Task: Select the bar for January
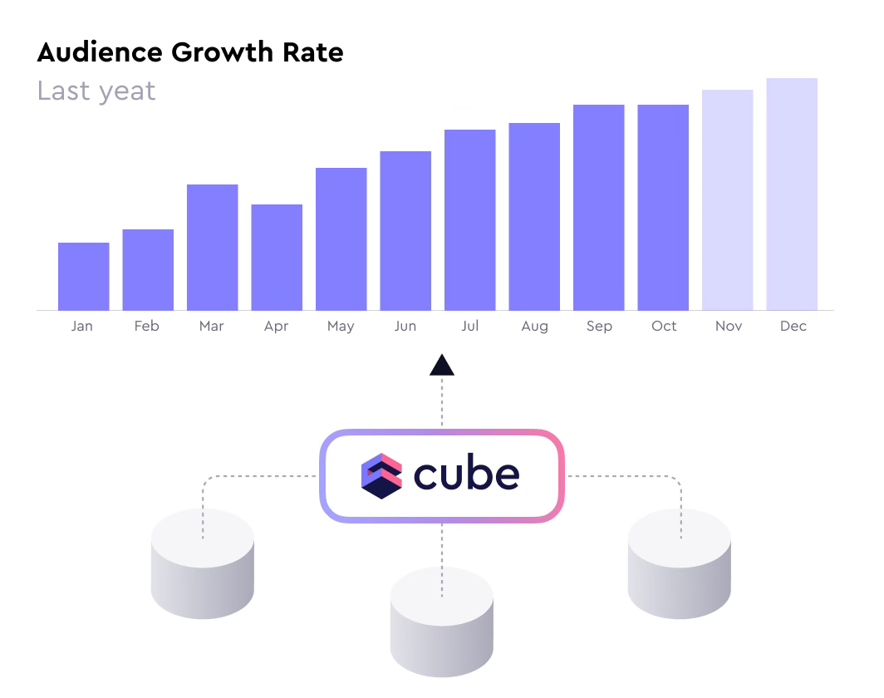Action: [x=83, y=276]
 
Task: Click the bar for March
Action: [x=212, y=247]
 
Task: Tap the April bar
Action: [x=277, y=257]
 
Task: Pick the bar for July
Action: [x=469, y=219]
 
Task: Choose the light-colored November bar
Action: [x=727, y=199]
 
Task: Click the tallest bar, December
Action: [x=792, y=194]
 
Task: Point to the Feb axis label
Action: [x=146, y=326]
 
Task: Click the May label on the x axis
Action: [x=341, y=327]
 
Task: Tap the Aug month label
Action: [x=534, y=327]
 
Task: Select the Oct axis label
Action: [x=664, y=326]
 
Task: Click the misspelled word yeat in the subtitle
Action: [x=126, y=91]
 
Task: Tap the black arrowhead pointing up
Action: [x=442, y=365]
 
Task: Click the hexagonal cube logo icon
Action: [x=381, y=475]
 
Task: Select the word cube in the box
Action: [x=466, y=474]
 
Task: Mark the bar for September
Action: [x=598, y=207]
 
